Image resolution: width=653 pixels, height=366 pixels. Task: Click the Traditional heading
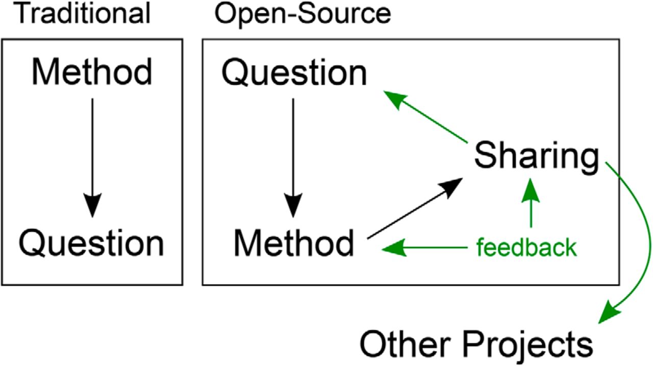click(x=82, y=13)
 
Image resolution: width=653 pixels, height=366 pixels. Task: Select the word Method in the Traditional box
click(x=92, y=71)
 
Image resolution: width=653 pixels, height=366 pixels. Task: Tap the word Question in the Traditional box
click(x=91, y=243)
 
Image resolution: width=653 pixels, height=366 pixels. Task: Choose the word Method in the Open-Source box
click(x=294, y=242)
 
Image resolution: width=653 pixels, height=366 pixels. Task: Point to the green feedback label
click(x=526, y=247)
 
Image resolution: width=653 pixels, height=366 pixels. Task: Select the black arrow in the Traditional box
click(x=92, y=158)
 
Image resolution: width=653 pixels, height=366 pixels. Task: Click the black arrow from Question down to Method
click(x=293, y=158)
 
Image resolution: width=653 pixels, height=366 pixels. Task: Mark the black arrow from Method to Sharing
click(x=415, y=209)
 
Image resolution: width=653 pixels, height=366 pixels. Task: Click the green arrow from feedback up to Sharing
click(x=531, y=203)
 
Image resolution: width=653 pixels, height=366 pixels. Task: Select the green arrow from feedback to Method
click(x=424, y=248)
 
